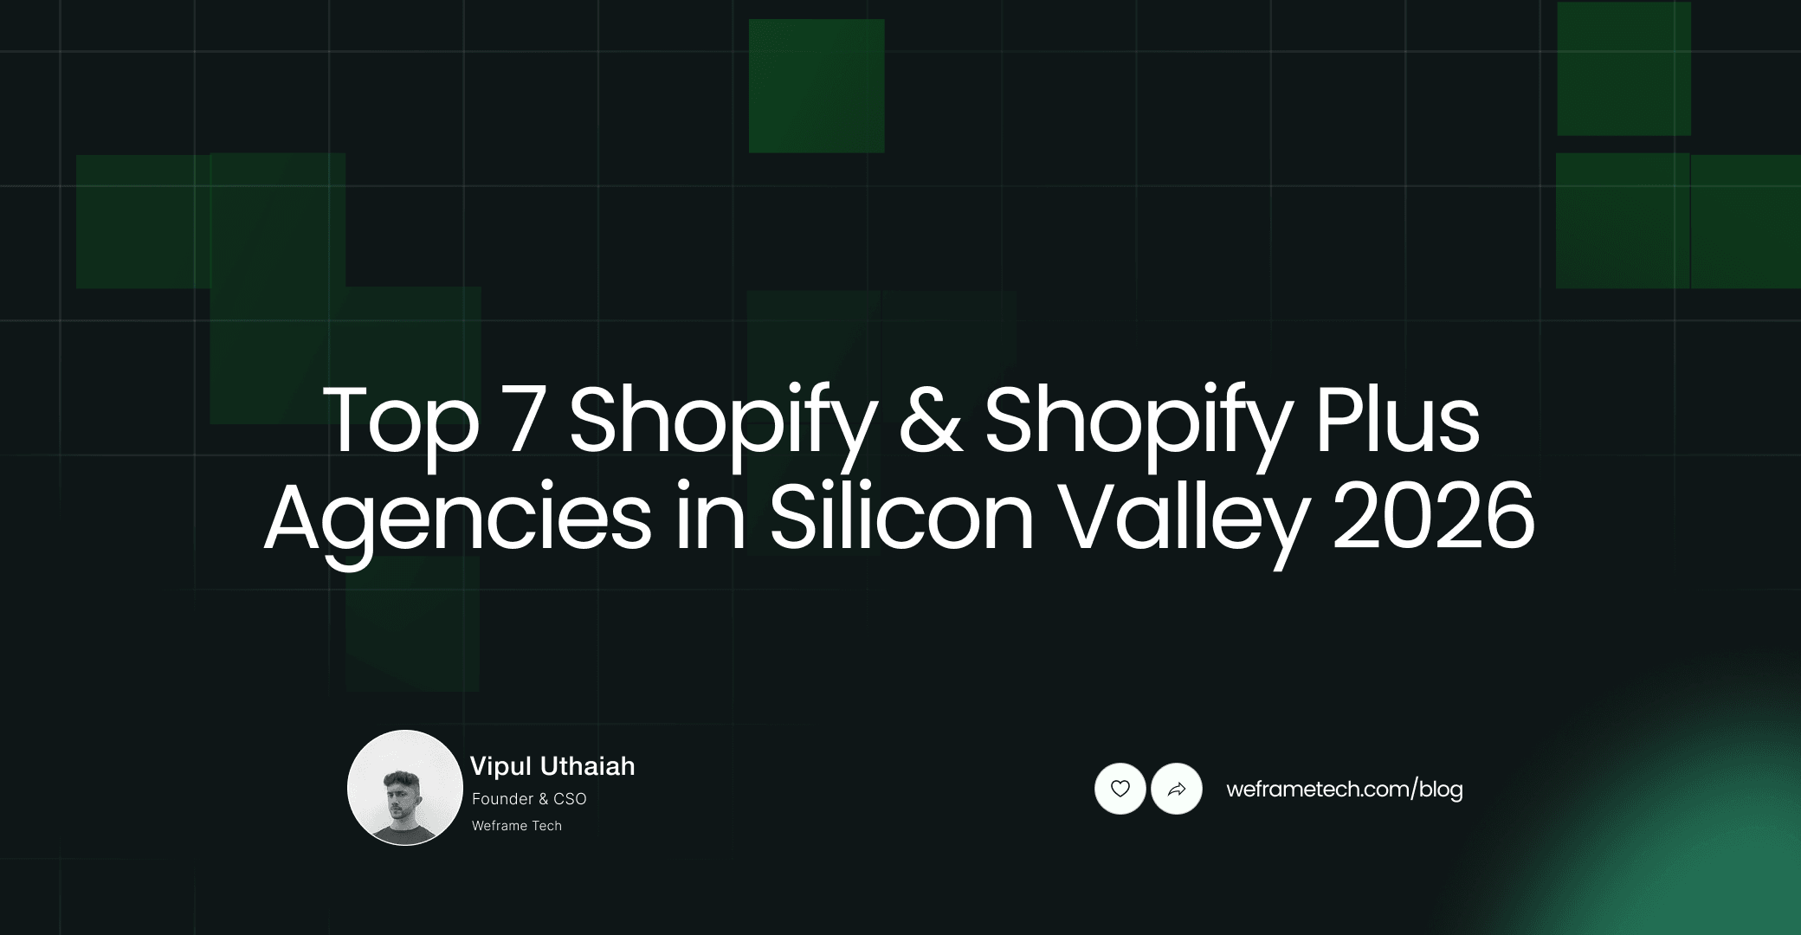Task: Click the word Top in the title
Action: pyautogui.click(x=400, y=422)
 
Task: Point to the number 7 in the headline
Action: pyautogui.click(x=525, y=422)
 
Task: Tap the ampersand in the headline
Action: pyautogui.click(x=931, y=422)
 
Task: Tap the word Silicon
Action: pyautogui.click(x=901, y=519)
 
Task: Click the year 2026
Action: pyautogui.click(x=1433, y=519)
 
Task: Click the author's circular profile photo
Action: pyautogui.click(x=405, y=788)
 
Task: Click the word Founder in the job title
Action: pyautogui.click(x=502, y=799)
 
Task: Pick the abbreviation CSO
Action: pyautogui.click(x=570, y=799)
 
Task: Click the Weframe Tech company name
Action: pyautogui.click(x=517, y=826)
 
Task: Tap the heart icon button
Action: pyautogui.click(x=1120, y=789)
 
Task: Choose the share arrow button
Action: pyautogui.click(x=1177, y=789)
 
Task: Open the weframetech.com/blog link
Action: pyautogui.click(x=1345, y=790)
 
